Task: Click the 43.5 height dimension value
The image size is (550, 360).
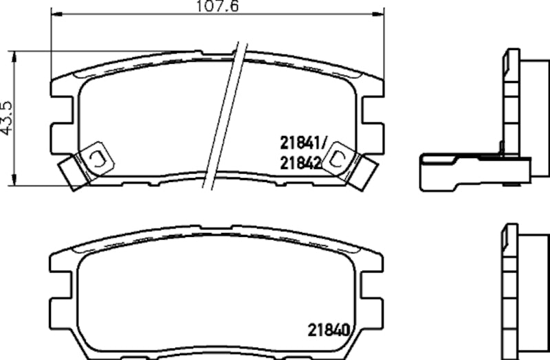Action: (7, 118)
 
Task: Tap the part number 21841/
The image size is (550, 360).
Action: (300, 144)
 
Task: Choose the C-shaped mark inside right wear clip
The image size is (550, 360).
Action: (338, 159)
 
